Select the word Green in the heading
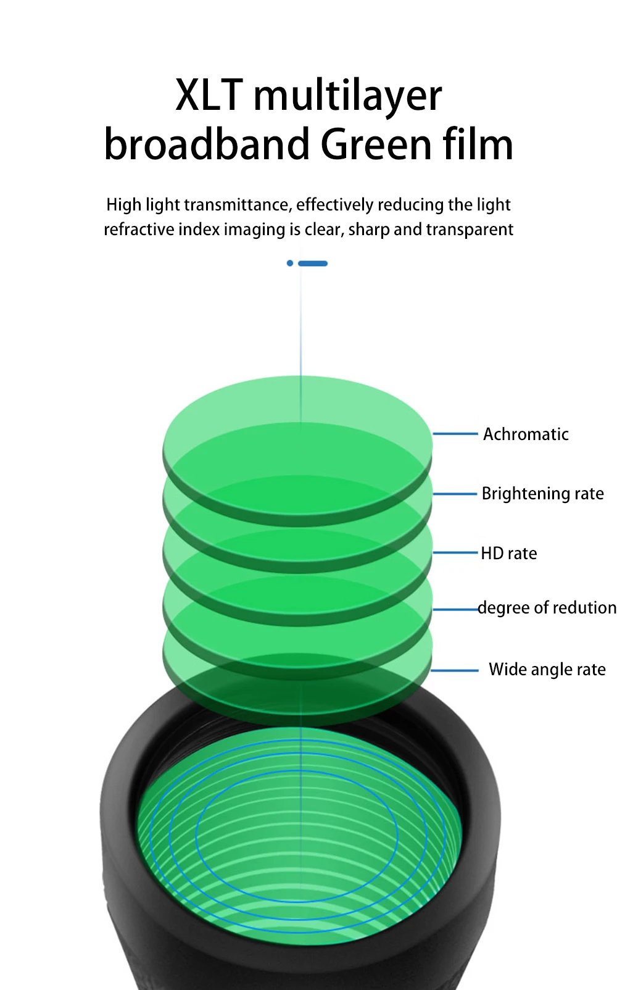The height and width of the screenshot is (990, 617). point(376,145)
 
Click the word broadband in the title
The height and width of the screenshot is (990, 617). point(207,145)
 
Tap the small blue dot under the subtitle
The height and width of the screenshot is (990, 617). point(290,264)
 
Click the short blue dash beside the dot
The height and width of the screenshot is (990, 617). point(313,264)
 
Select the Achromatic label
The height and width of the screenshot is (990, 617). point(526,435)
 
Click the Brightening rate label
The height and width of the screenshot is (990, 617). point(542,494)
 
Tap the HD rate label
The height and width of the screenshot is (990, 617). point(509,554)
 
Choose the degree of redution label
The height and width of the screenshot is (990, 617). point(547,608)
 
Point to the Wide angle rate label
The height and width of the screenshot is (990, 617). point(547,670)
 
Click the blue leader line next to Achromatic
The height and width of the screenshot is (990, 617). point(455,434)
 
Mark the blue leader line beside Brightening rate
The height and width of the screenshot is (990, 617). point(455,494)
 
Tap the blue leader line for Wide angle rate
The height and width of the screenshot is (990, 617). point(455,670)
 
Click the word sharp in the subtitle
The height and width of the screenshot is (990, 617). point(369,230)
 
